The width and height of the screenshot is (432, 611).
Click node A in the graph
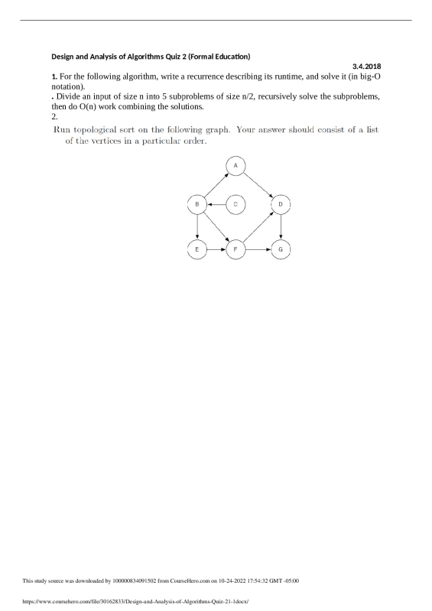235,165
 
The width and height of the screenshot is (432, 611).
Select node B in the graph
197,204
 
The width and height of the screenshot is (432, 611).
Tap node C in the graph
235,204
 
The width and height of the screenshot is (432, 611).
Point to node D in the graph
281,204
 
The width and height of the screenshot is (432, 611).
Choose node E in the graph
197,249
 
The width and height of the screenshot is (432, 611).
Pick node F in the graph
235,249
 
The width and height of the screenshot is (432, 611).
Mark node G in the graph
281,249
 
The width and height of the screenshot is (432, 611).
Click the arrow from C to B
216,204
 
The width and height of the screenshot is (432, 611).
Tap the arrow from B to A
216,185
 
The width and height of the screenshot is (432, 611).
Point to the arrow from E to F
216,249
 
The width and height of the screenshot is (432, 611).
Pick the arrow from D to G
281,226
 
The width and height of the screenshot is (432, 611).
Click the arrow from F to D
258,226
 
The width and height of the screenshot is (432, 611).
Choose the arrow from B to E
197,226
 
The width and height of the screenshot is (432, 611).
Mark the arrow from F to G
258,249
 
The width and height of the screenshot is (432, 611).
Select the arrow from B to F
216,226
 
